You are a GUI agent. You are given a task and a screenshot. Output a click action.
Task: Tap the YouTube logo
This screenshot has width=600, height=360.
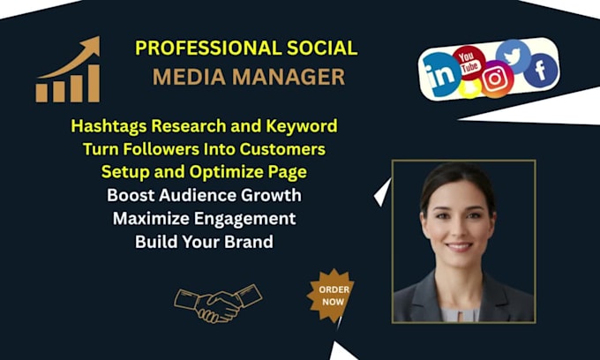coord(469,63)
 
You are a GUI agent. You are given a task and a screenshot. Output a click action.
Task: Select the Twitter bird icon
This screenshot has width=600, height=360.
coord(514,56)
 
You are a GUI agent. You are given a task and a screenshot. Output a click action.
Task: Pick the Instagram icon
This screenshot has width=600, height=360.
coord(497,80)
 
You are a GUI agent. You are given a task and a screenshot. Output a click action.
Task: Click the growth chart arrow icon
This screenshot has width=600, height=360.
coord(68,71)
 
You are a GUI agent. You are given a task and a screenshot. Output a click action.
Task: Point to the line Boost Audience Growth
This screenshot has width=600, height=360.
coord(204,194)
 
